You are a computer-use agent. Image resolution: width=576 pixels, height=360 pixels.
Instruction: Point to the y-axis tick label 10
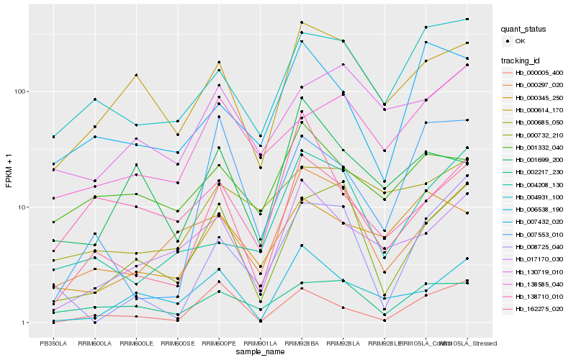click(22, 207)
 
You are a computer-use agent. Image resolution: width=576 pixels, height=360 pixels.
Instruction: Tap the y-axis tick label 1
click(24, 323)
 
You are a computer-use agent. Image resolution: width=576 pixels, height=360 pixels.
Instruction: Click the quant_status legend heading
click(523, 30)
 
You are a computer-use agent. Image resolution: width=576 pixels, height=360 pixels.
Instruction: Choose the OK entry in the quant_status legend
click(526, 42)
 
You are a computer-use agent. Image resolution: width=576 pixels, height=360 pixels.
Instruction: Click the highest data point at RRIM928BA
click(302, 22)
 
